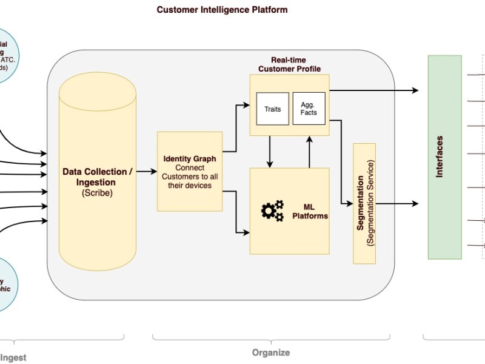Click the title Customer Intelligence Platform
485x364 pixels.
click(222, 10)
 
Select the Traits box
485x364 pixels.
click(272, 109)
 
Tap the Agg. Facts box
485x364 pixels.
click(309, 109)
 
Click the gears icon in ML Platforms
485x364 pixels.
click(272, 210)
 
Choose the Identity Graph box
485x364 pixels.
click(190, 171)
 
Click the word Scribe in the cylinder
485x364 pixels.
click(97, 193)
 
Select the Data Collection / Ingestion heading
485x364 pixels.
click(97, 177)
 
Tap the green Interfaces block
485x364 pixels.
click(444, 157)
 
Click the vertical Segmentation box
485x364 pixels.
click(364, 203)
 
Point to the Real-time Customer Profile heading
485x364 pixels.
click(289, 64)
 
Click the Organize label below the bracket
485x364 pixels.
click(271, 352)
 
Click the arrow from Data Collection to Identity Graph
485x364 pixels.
click(145, 172)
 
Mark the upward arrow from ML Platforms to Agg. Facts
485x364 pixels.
click(309, 152)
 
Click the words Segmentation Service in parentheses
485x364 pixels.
click(371, 203)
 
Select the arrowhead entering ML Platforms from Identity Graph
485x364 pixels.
click(246, 232)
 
